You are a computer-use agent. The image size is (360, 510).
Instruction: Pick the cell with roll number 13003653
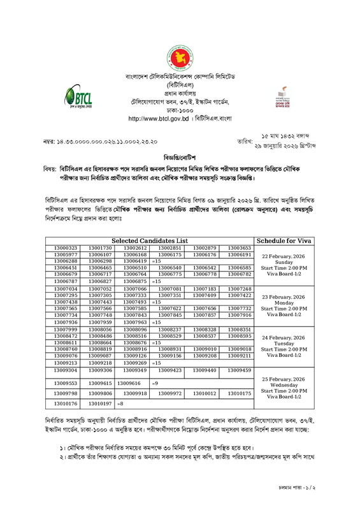click(240, 248)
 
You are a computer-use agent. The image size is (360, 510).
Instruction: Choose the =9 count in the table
click(154, 383)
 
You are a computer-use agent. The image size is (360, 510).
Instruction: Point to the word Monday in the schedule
click(287, 302)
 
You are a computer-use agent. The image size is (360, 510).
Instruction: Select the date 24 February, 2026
click(287, 337)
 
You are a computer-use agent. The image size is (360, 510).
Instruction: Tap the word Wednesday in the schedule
click(287, 385)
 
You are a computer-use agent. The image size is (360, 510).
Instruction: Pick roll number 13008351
click(240, 329)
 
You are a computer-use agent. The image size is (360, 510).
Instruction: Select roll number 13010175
click(240, 393)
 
